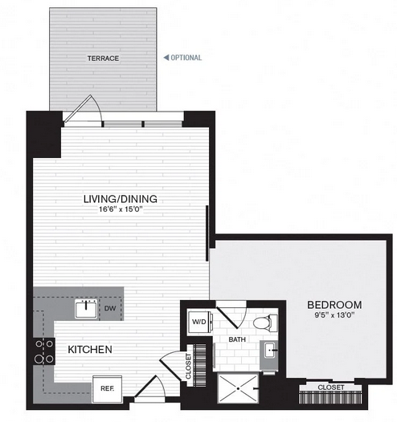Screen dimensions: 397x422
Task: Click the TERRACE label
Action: (x=103, y=59)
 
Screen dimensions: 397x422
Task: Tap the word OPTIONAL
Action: (x=186, y=58)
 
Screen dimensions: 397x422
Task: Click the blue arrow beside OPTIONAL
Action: (x=166, y=57)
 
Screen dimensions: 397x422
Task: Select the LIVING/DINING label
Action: (x=121, y=199)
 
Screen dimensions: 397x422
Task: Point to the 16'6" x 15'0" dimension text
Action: (x=121, y=209)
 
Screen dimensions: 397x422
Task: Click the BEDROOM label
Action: (x=334, y=305)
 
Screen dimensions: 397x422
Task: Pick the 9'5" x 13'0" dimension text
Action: (x=334, y=314)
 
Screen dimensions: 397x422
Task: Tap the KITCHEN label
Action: (x=90, y=349)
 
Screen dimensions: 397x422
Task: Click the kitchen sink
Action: (x=86, y=309)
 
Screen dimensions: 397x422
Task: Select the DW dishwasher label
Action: (x=110, y=308)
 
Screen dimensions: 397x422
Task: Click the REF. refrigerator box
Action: (x=107, y=389)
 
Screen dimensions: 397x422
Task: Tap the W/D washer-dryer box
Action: (x=200, y=322)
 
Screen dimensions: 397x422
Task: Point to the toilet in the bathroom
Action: (x=265, y=323)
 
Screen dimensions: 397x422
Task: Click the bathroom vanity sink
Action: (x=269, y=350)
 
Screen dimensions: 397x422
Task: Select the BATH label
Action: (x=237, y=339)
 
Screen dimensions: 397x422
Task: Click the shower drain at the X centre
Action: (x=238, y=388)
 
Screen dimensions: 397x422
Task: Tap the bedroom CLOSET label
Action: (x=331, y=388)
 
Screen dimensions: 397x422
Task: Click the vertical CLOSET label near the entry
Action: (x=188, y=367)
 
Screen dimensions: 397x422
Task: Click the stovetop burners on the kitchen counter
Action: (x=44, y=351)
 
